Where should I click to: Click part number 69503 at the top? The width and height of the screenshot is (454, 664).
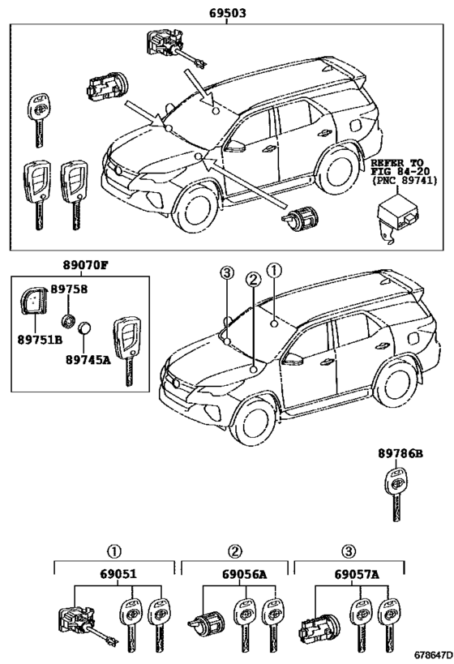(227, 13)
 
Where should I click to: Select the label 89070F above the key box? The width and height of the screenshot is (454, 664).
(86, 265)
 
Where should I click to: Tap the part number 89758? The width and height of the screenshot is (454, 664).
(69, 289)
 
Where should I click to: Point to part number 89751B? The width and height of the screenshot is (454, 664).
(40, 339)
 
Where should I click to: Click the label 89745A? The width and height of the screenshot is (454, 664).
(88, 359)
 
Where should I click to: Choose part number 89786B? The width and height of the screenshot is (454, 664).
(400, 453)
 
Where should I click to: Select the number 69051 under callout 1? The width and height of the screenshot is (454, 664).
(118, 574)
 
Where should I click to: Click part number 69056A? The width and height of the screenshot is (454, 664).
(244, 574)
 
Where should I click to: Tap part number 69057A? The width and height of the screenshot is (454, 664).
(357, 574)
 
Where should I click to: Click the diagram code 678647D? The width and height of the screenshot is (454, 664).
(432, 655)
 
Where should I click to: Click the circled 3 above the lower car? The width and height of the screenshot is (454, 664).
(227, 273)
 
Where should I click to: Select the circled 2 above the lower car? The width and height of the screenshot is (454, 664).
(253, 279)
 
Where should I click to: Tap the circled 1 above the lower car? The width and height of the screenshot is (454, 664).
(274, 269)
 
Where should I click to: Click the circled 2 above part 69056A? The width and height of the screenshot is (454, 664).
(235, 551)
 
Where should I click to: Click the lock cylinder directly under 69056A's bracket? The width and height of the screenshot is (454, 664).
(206, 622)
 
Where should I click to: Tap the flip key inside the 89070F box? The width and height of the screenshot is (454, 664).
(127, 350)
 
